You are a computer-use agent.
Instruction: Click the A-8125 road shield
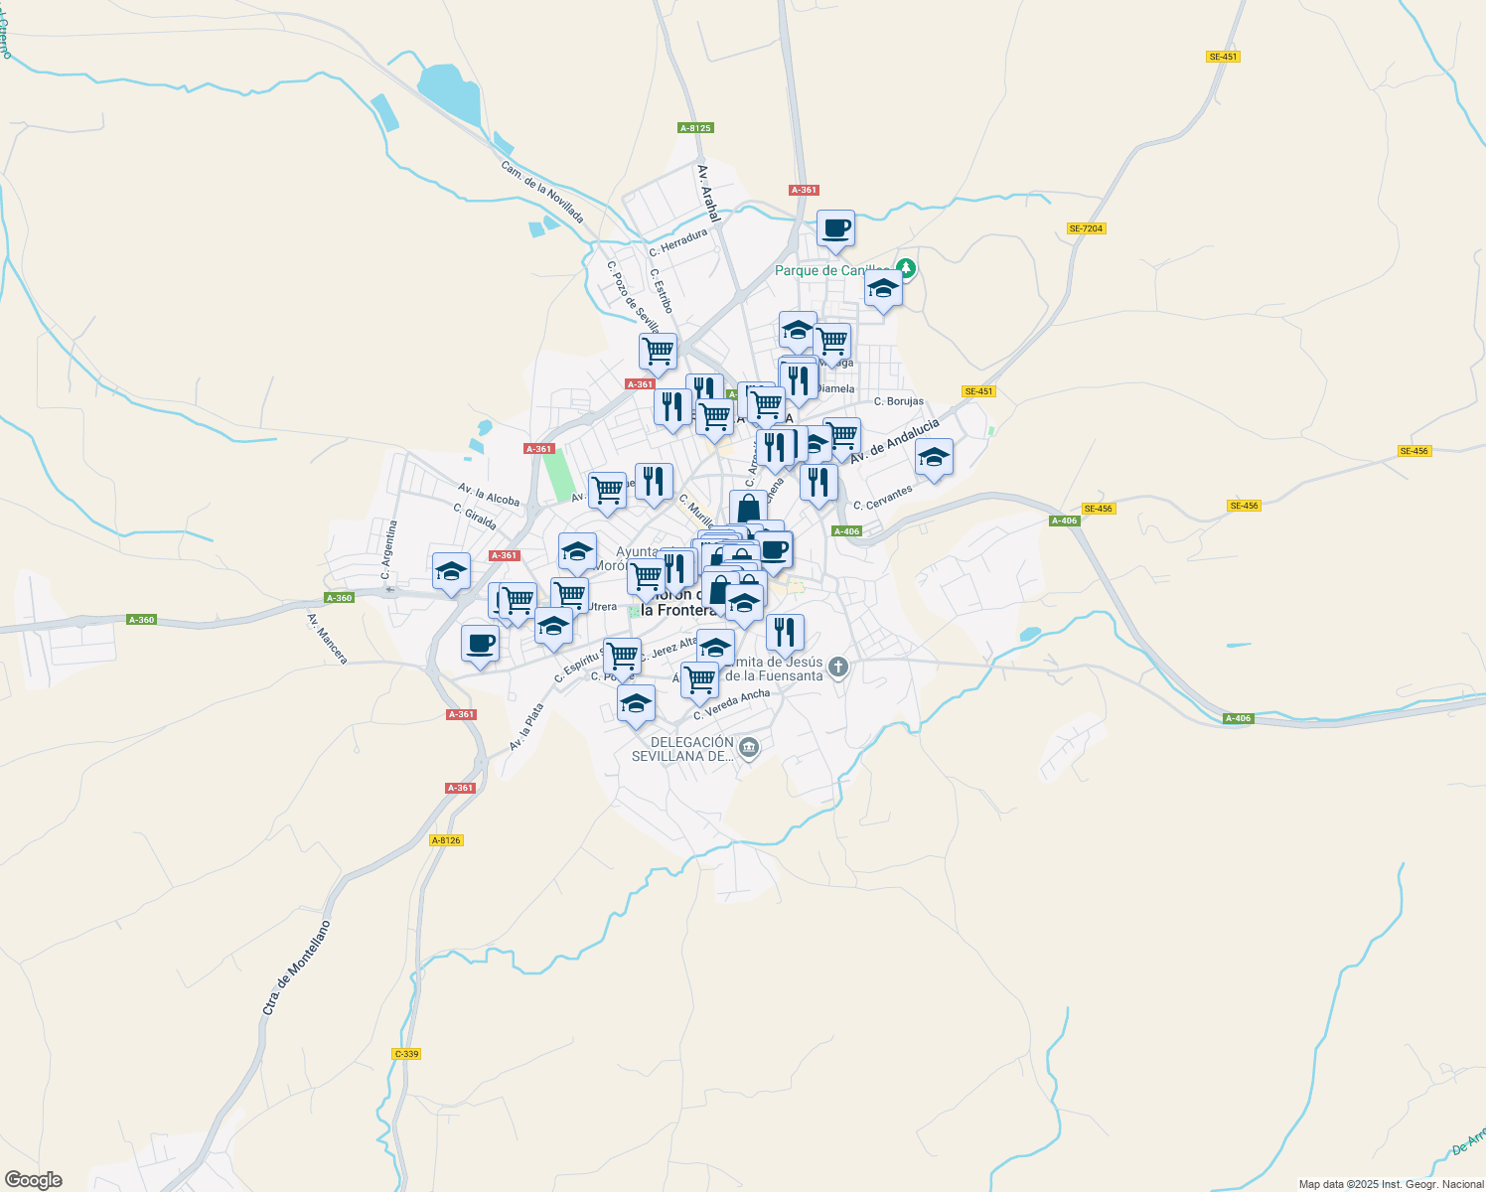tap(695, 128)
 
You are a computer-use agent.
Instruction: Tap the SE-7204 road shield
tap(1086, 228)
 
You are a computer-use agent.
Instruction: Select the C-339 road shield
tap(406, 1054)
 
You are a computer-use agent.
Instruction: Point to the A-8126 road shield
tap(446, 840)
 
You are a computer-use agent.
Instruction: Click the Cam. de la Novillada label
tap(541, 192)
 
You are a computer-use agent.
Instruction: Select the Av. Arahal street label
tap(707, 192)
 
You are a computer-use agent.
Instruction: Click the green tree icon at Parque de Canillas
tap(905, 268)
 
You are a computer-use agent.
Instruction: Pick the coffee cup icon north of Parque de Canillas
tap(835, 227)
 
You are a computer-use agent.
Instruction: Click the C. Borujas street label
tap(898, 401)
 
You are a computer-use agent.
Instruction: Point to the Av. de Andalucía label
tap(894, 440)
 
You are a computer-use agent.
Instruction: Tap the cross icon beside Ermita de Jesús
tap(838, 667)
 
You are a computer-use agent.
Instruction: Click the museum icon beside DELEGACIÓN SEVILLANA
tap(750, 747)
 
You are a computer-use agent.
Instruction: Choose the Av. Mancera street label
tap(327, 639)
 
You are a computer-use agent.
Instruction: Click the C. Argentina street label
tap(388, 550)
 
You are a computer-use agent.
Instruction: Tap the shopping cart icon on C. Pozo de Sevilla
tap(657, 351)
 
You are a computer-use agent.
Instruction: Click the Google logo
tap(34, 1180)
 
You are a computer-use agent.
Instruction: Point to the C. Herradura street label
tap(678, 243)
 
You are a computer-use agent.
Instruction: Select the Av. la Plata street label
tap(526, 727)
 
